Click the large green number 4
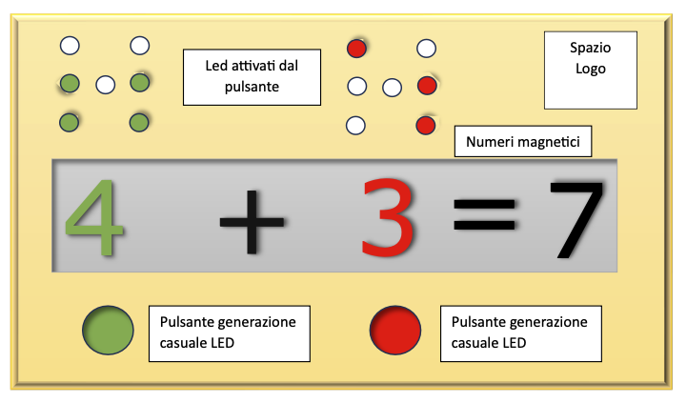pyautogui.click(x=95, y=220)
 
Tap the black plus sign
pyautogui.click(x=252, y=221)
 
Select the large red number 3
pyautogui.click(x=390, y=219)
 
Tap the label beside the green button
pyautogui.click(x=229, y=332)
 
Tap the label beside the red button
pyautogui.click(x=519, y=332)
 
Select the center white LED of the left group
pyautogui.click(x=105, y=85)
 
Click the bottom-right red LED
pyautogui.click(x=426, y=125)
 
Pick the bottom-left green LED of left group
pyautogui.click(x=69, y=123)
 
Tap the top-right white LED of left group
pyautogui.click(x=139, y=45)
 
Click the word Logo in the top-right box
pyautogui.click(x=591, y=69)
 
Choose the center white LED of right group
pyautogui.click(x=391, y=88)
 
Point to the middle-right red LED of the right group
pyautogui.click(x=427, y=86)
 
